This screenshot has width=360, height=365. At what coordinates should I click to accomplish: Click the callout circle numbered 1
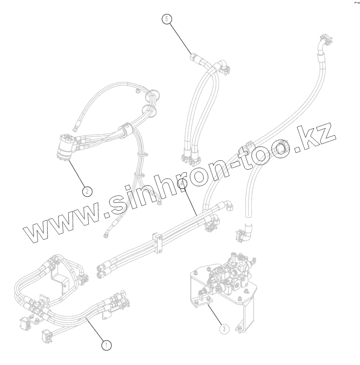(106, 345)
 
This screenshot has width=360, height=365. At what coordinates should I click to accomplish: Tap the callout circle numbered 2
(87, 191)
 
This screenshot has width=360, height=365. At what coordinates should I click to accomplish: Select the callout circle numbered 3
(225, 329)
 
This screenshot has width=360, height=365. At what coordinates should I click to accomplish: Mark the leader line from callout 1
(96, 329)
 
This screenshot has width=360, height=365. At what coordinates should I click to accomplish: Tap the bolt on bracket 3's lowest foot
(239, 329)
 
